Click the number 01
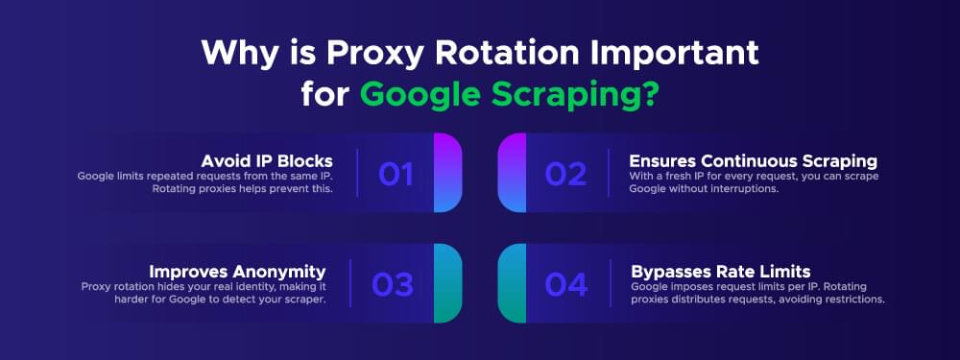coord(396,174)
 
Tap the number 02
coord(565,174)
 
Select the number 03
coord(394,285)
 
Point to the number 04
coord(566,285)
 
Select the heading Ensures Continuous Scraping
coord(753,159)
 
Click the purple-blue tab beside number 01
coord(447,173)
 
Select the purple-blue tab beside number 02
coord(513,173)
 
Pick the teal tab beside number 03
coord(447,284)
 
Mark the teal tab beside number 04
coord(513,284)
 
